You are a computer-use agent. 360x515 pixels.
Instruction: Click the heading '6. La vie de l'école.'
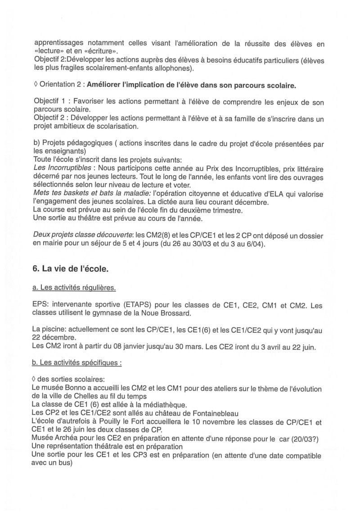tap(71, 270)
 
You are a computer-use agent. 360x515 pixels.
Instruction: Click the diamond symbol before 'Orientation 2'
tap(36, 85)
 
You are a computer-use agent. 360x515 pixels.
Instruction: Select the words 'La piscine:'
tap(51, 330)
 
